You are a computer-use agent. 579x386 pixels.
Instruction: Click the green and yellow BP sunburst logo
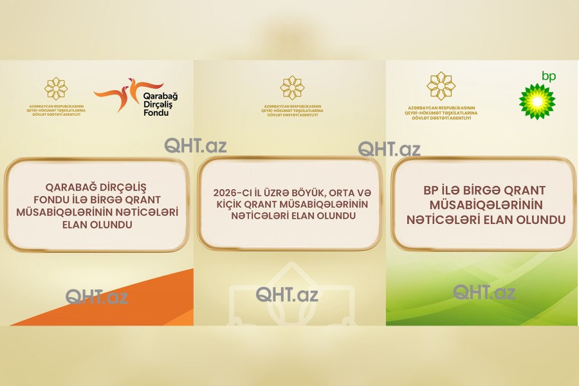pyautogui.click(x=537, y=102)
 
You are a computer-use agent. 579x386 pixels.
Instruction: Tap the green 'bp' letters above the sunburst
pyautogui.click(x=549, y=76)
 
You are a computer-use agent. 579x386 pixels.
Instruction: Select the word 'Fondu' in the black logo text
pyautogui.click(x=156, y=113)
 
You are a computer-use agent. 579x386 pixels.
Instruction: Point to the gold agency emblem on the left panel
pyautogui.click(x=56, y=89)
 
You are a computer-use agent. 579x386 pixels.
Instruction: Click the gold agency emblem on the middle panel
pyautogui.click(x=291, y=88)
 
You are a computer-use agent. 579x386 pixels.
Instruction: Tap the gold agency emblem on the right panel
pyautogui.click(x=441, y=86)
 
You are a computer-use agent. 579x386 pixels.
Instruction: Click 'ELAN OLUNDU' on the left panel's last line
pyautogui.click(x=97, y=225)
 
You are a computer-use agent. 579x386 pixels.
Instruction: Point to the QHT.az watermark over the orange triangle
pyautogui.click(x=96, y=297)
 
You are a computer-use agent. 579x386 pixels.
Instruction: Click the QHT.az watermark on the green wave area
pyautogui.click(x=484, y=292)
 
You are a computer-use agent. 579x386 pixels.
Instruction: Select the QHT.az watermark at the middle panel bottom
pyautogui.click(x=287, y=295)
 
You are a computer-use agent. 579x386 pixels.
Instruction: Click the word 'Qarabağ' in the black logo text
pyautogui.click(x=160, y=96)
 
